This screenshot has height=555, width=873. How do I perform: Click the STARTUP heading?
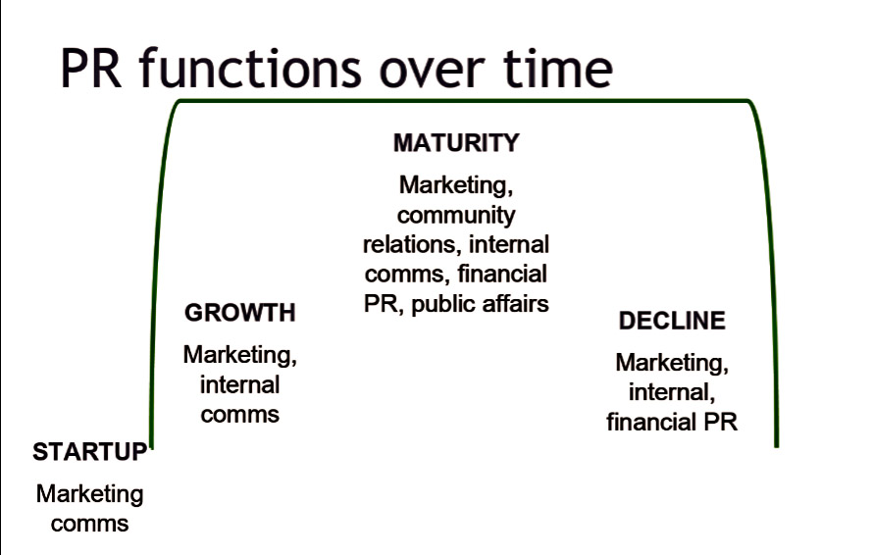pyautogui.click(x=89, y=451)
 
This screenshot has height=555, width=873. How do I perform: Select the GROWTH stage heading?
pyautogui.click(x=240, y=312)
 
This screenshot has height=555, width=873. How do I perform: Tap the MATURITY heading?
pyautogui.click(x=456, y=142)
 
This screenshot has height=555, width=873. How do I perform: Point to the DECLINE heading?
pyautogui.click(x=672, y=320)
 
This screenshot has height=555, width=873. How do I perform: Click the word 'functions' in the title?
pyautogui.click(x=250, y=69)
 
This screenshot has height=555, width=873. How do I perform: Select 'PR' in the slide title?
pyautogui.click(x=91, y=69)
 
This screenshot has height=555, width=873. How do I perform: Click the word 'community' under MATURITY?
pyautogui.click(x=456, y=216)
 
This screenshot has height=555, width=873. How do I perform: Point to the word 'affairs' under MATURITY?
pyautogui.click(x=508, y=303)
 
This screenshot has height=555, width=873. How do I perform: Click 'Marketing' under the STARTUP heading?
pyautogui.click(x=89, y=494)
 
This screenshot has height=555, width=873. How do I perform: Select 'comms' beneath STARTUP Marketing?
pyautogui.click(x=89, y=524)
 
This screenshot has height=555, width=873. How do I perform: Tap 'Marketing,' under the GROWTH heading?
pyautogui.click(x=240, y=355)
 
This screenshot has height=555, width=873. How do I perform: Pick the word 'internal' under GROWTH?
pyautogui.click(x=240, y=384)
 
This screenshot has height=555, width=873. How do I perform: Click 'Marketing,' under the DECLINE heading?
pyautogui.click(x=672, y=363)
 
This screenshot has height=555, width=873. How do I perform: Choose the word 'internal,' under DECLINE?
pyautogui.click(x=672, y=392)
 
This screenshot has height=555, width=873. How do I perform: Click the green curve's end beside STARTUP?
pyautogui.click(x=151, y=445)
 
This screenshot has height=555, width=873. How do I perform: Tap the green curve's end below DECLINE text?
pyautogui.click(x=777, y=445)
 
